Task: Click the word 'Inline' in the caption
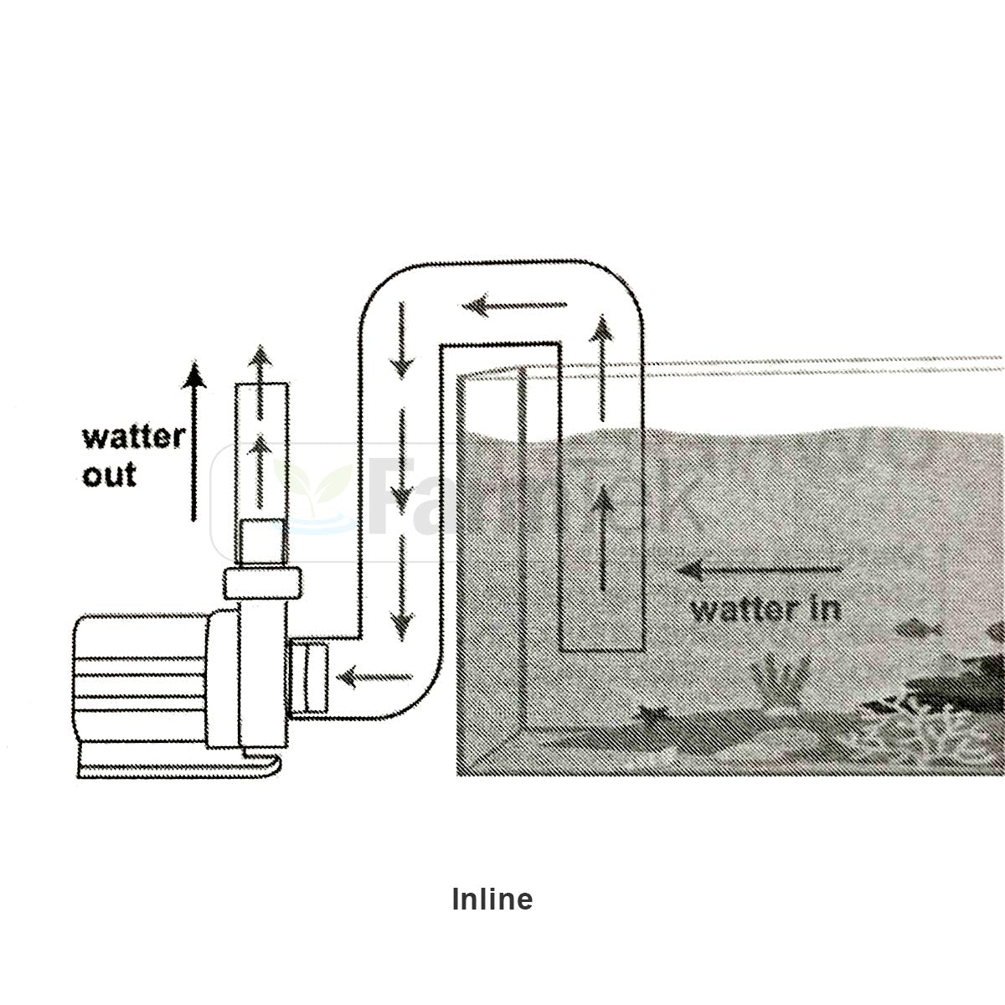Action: tap(492, 899)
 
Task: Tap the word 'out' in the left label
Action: tap(109, 475)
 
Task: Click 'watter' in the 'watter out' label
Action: tap(133, 437)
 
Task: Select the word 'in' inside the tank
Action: tap(825, 608)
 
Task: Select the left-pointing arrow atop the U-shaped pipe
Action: tap(514, 307)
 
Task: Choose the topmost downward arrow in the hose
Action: tap(403, 339)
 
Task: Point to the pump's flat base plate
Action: tap(180, 764)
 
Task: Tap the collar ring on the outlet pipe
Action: tap(262, 582)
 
